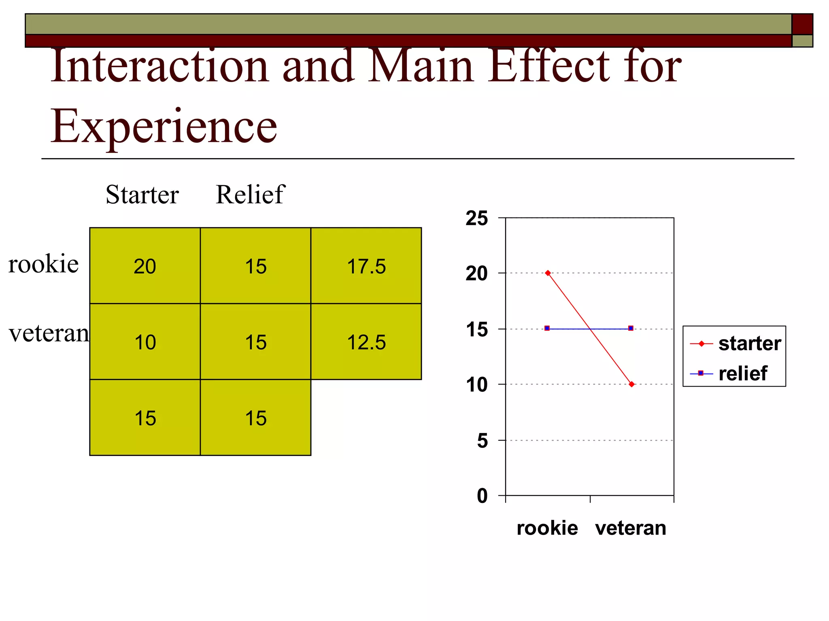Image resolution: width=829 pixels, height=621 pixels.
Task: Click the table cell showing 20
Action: pyautogui.click(x=145, y=266)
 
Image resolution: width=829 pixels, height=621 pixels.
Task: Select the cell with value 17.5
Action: pyautogui.click(x=366, y=266)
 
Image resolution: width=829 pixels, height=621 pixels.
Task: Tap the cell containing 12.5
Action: pyautogui.click(x=366, y=342)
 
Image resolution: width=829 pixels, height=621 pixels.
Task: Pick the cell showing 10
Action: pyautogui.click(x=145, y=342)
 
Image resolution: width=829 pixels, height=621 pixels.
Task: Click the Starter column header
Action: pyautogui.click(x=142, y=194)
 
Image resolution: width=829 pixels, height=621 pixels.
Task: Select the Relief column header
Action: pyautogui.click(x=250, y=194)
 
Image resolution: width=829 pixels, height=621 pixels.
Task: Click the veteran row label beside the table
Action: pyautogui.click(x=49, y=334)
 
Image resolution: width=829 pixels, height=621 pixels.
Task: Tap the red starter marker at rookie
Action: pyautogui.click(x=548, y=273)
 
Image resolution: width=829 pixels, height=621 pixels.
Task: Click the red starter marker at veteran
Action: pyautogui.click(x=631, y=384)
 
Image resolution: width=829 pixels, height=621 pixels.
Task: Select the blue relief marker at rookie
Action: pyautogui.click(x=547, y=328)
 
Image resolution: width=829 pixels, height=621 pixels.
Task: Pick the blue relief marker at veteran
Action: pyautogui.click(x=631, y=328)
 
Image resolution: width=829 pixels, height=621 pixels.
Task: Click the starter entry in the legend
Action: pyautogui.click(x=749, y=344)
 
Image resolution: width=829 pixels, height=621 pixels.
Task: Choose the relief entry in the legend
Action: pyautogui.click(x=742, y=373)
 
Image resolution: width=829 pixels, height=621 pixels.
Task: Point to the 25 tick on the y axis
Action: pyautogui.click(x=477, y=218)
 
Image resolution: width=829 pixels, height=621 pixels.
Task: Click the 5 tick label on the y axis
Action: pyautogui.click(x=482, y=440)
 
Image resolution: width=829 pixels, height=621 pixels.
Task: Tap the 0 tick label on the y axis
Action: pyautogui.click(x=482, y=496)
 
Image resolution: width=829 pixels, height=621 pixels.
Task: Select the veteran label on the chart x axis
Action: pyautogui.click(x=630, y=528)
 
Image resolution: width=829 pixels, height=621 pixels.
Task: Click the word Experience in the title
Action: pyautogui.click(x=164, y=126)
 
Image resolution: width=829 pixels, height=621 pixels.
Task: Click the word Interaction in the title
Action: pyautogui.click(x=160, y=65)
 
